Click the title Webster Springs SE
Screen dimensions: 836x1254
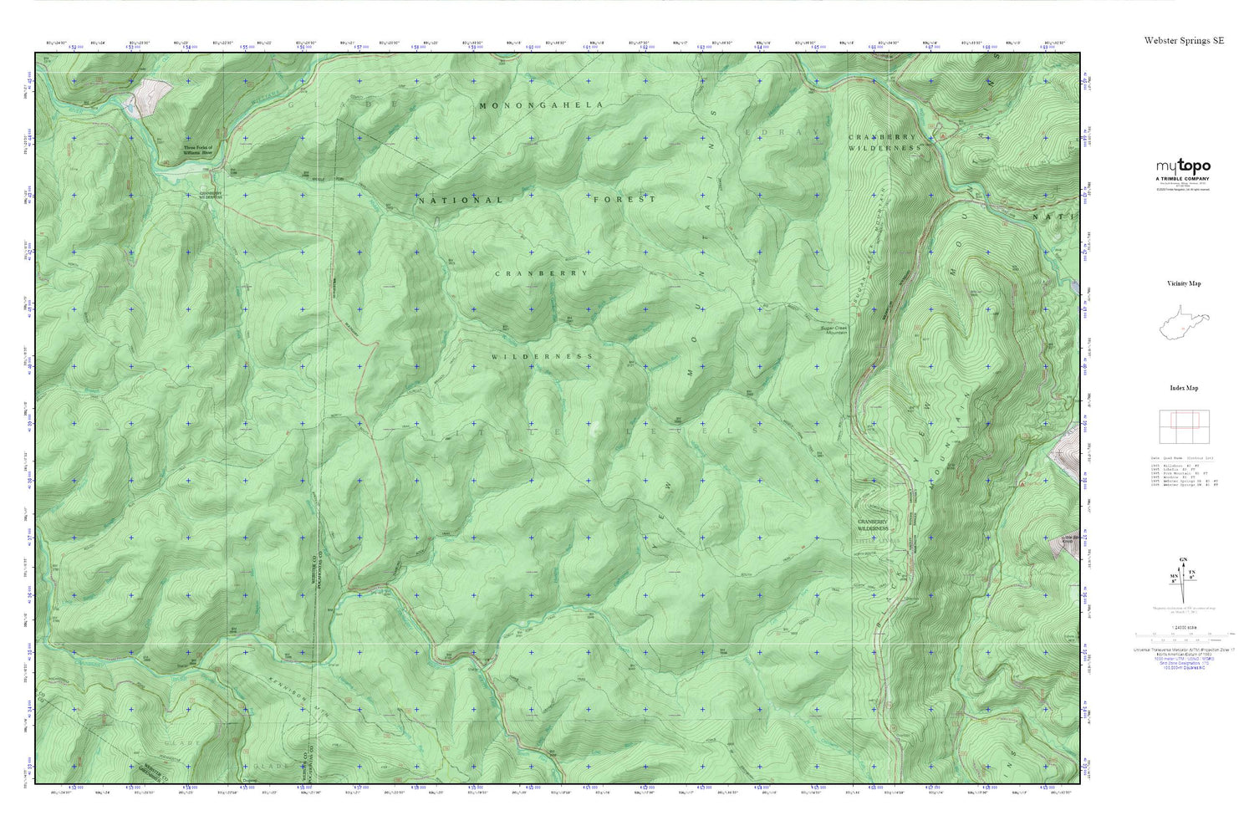[1184, 40]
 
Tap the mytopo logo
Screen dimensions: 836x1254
[1183, 166]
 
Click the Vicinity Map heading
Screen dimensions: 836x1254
[1184, 283]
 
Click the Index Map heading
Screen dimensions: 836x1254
[1184, 388]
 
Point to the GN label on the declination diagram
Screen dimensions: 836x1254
[1182, 559]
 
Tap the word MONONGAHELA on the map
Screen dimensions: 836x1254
[541, 105]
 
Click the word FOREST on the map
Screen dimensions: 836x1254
[624, 200]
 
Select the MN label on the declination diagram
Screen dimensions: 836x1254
[1173, 577]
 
